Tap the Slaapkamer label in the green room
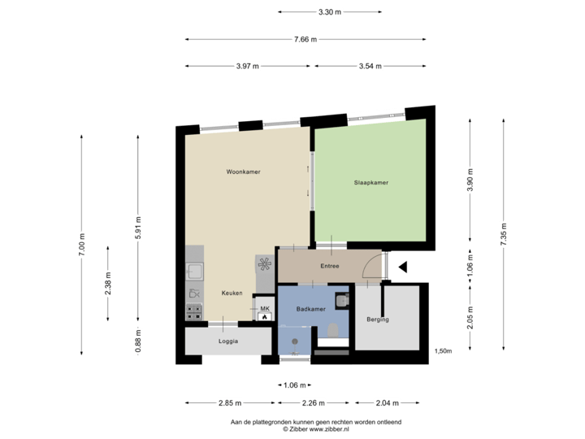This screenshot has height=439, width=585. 370,183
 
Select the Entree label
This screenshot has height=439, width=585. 329,266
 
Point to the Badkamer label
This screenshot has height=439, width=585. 310,309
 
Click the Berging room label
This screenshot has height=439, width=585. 378,319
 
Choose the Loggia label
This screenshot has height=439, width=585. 228,341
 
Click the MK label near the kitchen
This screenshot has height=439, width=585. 265,309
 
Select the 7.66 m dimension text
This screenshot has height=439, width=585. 305,39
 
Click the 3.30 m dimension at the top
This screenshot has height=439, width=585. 329,12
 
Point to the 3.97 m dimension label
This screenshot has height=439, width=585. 248,66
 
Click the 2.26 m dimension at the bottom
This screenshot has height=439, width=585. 314,402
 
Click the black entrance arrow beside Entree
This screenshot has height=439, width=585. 404,266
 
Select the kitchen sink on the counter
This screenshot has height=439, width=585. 194,271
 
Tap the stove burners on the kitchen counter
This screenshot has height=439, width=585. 194,310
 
